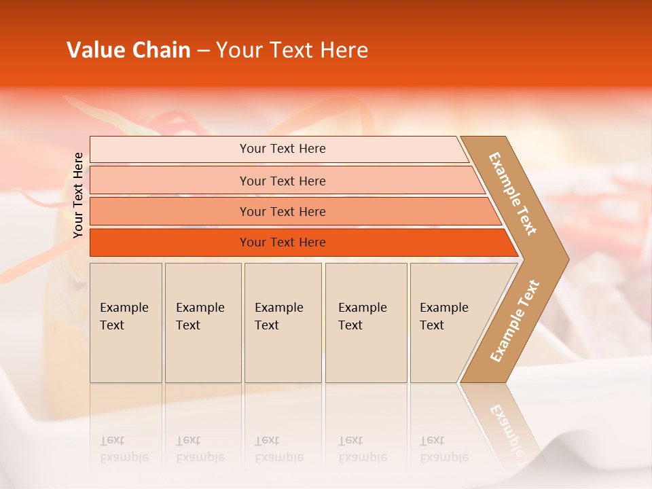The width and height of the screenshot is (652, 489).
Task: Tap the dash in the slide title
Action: [203, 51]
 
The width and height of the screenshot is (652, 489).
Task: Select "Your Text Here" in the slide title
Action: [292, 50]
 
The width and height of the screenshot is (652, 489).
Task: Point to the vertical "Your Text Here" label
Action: [78, 195]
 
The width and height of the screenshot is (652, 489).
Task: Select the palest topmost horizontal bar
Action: [282, 149]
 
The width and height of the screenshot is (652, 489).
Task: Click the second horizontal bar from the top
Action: [282, 181]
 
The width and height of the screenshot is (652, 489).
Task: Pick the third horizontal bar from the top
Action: [282, 211]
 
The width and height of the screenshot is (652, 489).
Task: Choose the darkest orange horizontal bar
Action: [282, 242]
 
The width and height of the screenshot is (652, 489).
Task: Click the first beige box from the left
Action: [126, 323]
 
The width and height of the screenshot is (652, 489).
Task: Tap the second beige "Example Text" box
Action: [203, 323]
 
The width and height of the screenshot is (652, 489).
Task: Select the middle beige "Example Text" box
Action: [283, 323]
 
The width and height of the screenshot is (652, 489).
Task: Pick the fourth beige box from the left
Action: [366, 323]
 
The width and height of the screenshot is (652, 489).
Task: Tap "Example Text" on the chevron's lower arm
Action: [515, 321]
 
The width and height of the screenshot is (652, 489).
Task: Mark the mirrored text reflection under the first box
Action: [124, 449]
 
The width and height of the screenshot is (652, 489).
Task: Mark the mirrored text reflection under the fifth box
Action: [444, 449]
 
